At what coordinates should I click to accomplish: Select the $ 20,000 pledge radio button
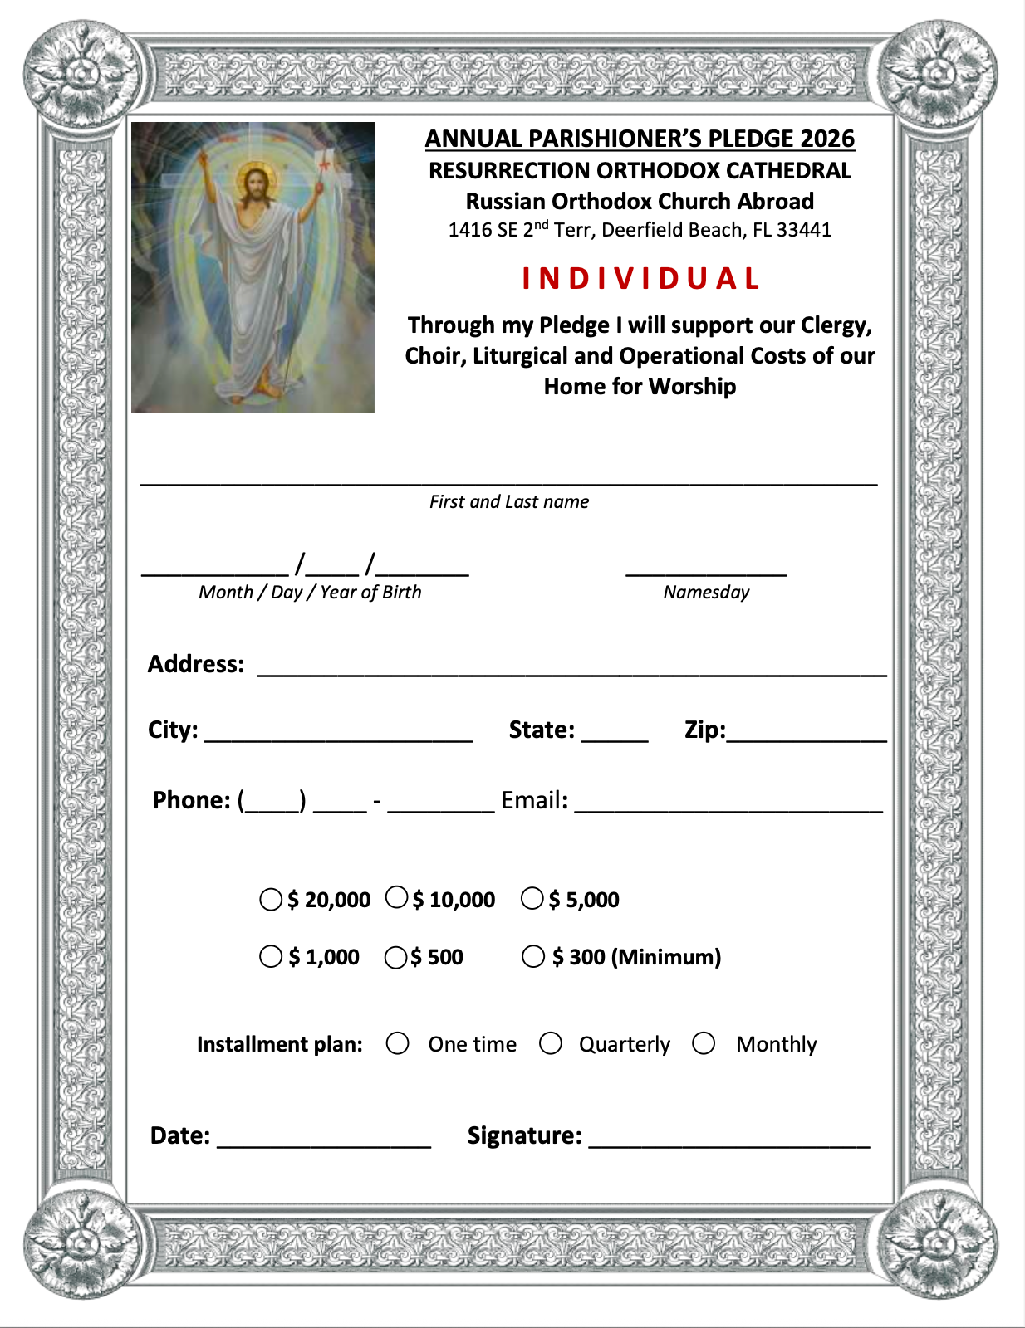point(271,900)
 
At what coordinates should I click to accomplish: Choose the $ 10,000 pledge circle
point(397,897)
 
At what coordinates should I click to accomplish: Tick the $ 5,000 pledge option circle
point(532,898)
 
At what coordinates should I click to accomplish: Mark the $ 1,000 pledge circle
point(271,956)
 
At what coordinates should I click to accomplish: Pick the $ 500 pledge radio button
point(396,958)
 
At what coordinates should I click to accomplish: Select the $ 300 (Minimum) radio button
point(533,956)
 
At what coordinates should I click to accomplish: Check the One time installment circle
point(398,1043)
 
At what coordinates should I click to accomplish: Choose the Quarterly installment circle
point(551,1043)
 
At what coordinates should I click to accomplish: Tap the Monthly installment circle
point(704,1043)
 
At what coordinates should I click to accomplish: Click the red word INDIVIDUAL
point(640,279)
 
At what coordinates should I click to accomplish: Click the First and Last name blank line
point(508,480)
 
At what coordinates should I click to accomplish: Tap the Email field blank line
point(728,807)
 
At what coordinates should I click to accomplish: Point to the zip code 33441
point(804,230)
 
